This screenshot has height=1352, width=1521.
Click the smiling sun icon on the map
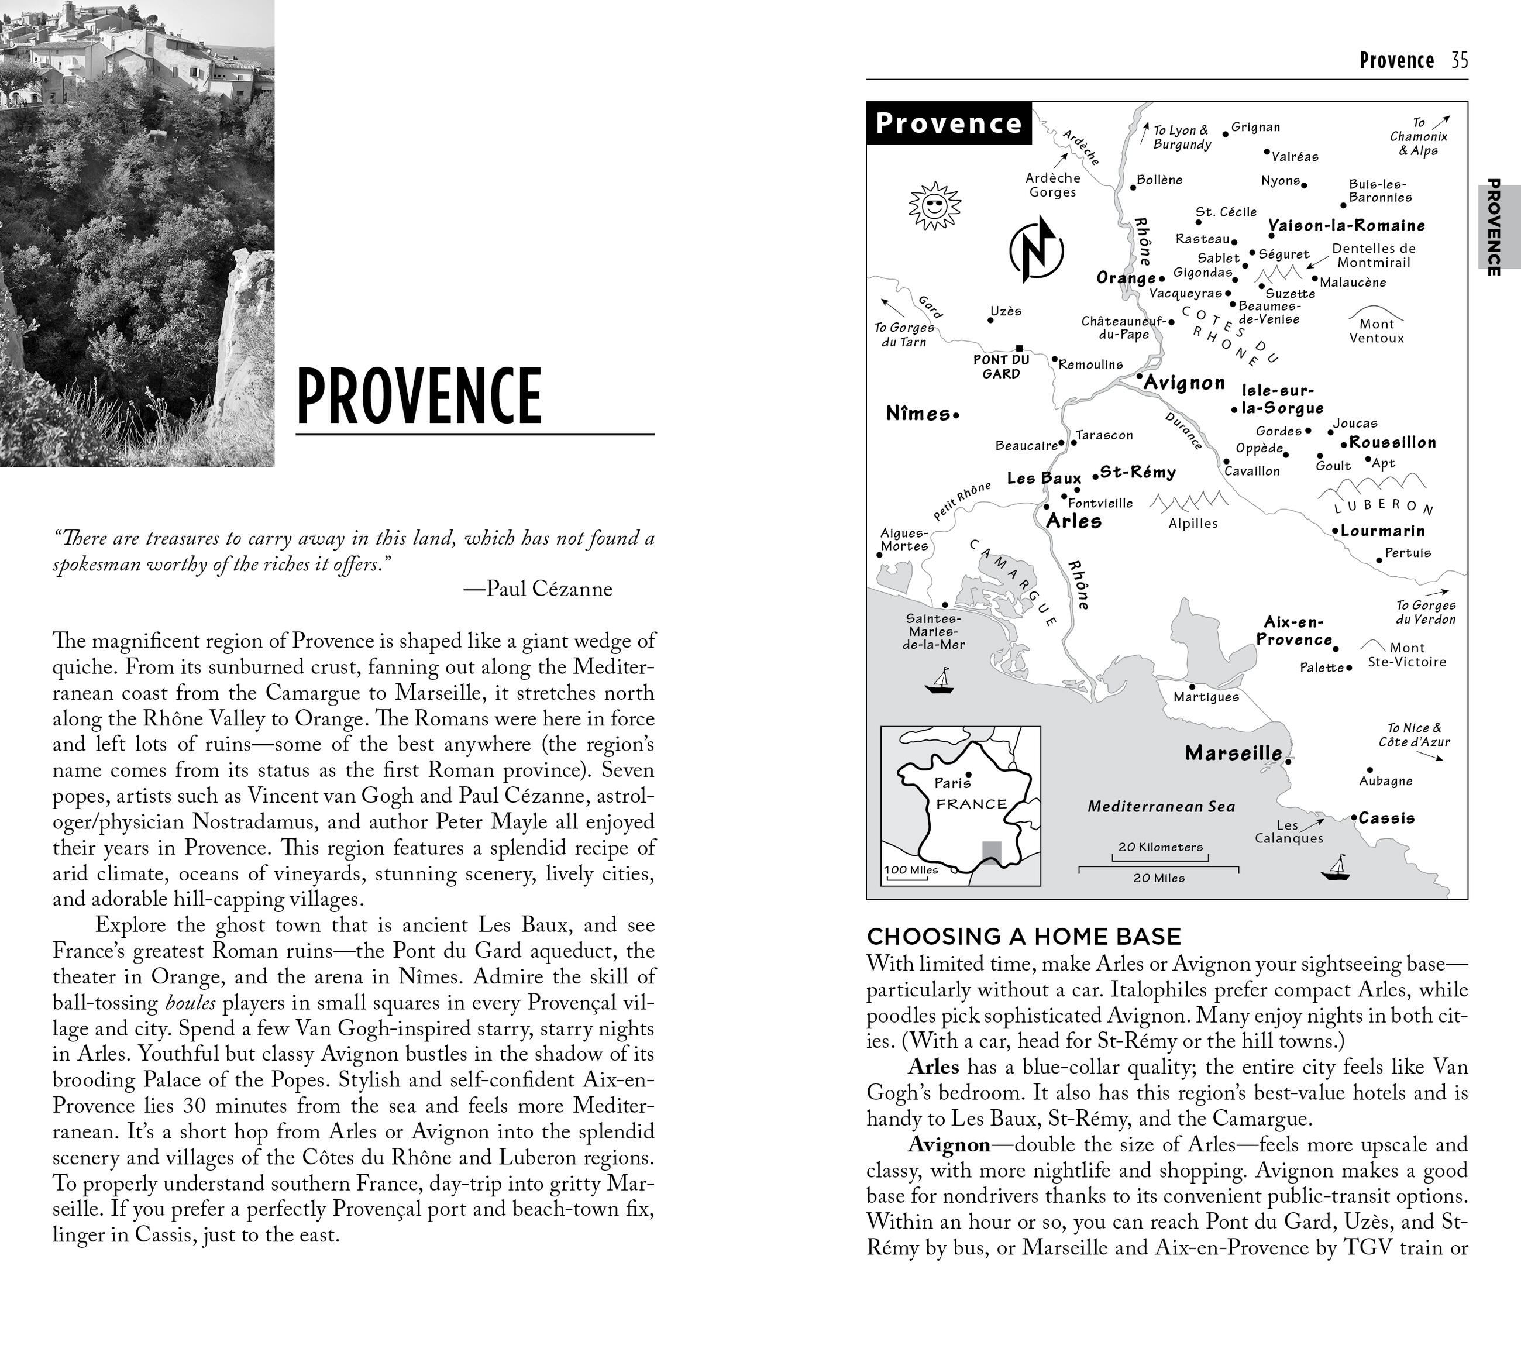[x=935, y=205]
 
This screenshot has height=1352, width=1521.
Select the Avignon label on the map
[x=1184, y=383]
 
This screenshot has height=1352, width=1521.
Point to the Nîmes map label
[x=918, y=414]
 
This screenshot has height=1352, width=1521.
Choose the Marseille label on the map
[x=1233, y=753]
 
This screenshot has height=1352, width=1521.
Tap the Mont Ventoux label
[x=1376, y=331]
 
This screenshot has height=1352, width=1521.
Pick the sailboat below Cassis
[x=1336, y=868]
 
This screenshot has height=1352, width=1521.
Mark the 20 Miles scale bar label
[x=1159, y=878]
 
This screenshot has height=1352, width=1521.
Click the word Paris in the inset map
[x=952, y=783]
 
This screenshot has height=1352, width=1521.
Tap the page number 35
[x=1459, y=60]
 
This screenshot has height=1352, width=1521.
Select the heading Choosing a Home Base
[x=1024, y=936]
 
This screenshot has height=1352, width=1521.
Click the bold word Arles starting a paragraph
[x=933, y=1067]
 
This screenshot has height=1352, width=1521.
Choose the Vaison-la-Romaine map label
[x=1346, y=225]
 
